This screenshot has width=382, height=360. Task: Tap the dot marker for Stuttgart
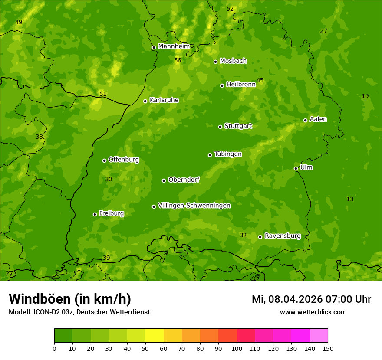220,127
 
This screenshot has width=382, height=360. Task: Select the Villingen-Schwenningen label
194,206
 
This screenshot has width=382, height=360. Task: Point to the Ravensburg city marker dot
260,237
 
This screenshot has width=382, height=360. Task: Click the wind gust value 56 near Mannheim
178,60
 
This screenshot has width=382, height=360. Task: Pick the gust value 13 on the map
350,199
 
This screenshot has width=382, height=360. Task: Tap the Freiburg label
111,213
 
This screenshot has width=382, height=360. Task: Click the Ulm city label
306,167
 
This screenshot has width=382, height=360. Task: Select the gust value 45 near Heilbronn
260,80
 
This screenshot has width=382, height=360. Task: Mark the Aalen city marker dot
305,120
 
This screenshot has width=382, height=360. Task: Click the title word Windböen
40,299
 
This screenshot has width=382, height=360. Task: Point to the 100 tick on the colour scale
237,348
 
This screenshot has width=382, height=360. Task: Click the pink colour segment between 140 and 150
319,336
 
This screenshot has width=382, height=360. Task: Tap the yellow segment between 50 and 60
155,336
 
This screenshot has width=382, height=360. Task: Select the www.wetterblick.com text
313,312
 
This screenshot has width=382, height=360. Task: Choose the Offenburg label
123,160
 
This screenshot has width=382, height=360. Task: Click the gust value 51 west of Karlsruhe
103,94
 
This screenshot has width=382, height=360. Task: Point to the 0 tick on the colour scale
54,348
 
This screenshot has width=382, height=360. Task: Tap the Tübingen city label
227,154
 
